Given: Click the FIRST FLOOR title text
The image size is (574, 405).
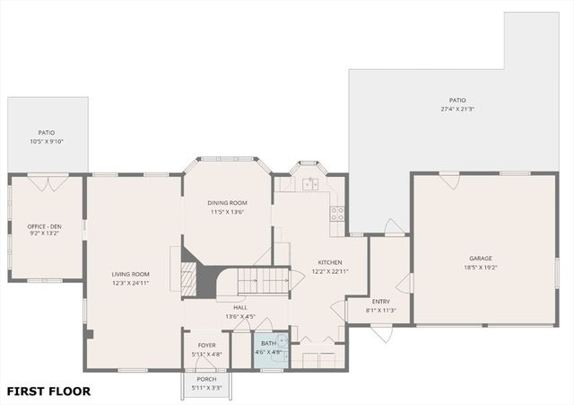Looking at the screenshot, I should click(x=48, y=392).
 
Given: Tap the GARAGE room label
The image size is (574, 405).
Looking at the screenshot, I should click(x=481, y=258).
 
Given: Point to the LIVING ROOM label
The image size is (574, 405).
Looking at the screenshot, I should click(x=130, y=274).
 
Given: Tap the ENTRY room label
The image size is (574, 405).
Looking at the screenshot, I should click(x=381, y=302).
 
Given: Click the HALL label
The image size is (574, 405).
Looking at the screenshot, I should click(x=240, y=307).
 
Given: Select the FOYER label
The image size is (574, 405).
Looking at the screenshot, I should click(x=205, y=344).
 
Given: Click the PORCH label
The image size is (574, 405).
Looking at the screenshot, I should click(x=206, y=379).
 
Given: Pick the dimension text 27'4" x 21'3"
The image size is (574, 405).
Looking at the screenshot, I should click(x=457, y=110).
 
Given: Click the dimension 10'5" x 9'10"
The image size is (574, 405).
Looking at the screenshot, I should click(x=47, y=141).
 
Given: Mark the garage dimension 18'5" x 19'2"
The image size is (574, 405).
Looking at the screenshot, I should click(x=481, y=267).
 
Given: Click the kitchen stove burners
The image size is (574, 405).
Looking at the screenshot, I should click(x=338, y=214).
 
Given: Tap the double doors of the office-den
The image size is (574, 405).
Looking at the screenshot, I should click(x=40, y=181).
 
